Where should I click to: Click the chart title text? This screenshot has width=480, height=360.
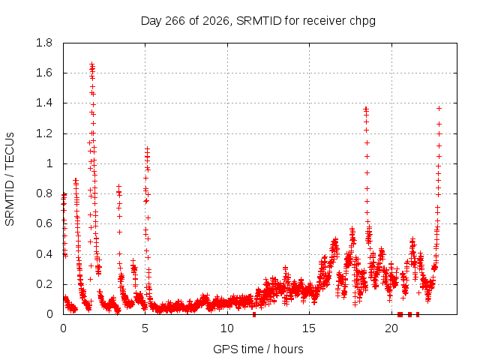pos(258,21)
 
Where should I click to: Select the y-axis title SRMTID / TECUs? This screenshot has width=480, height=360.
pos(10,179)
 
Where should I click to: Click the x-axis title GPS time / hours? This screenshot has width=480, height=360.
pos(258,349)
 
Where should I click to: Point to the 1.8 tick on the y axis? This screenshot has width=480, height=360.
pos(44,43)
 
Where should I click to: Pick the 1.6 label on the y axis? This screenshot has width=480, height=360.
pos(44,73)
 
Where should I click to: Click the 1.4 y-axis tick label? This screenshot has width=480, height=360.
pos(44,103)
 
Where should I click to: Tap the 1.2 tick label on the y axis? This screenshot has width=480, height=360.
pos(44,133)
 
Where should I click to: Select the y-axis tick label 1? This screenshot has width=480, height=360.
pos(49,163)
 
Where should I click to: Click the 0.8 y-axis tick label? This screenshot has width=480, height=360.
pos(44,193)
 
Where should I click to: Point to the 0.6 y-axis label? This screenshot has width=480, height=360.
pos(44,223)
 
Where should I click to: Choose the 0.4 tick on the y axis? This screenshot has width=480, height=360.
pos(44,254)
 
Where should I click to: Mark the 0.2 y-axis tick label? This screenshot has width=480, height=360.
pos(44,284)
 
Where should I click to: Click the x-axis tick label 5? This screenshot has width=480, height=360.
pos(145,328)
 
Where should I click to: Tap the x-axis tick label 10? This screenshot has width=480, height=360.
pos(227,328)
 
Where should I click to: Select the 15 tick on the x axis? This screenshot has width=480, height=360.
pos(309,328)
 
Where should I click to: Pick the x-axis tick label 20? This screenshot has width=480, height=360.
pos(391,328)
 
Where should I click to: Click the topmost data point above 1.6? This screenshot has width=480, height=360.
pos(91,64)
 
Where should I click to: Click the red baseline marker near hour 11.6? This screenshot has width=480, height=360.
pos(254,314)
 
